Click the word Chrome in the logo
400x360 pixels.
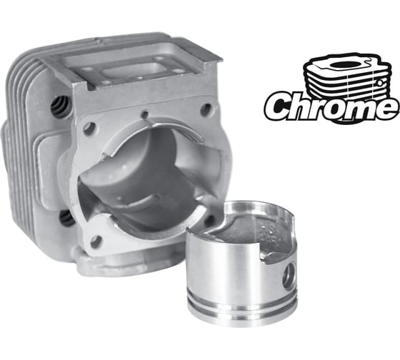pos(331,106)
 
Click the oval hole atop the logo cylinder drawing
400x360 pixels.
pos(343,64)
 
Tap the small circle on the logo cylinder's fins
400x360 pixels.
pos(380,83)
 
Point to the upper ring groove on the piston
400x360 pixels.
pos(242,301)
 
